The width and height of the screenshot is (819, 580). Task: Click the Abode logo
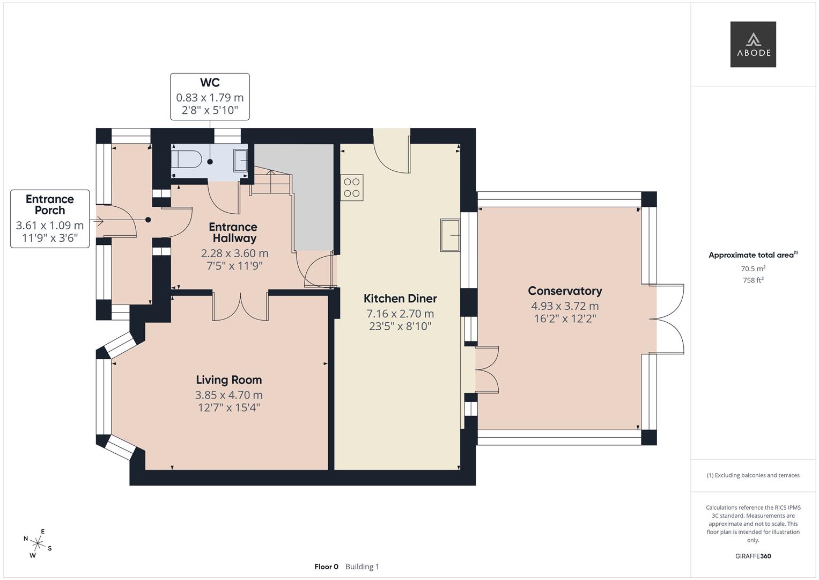pyautogui.click(x=752, y=45)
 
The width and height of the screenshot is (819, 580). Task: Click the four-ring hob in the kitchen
pyautogui.click(x=352, y=188)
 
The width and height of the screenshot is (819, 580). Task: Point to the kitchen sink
pyautogui.click(x=450, y=235)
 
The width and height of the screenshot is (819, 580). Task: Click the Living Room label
pyautogui.click(x=228, y=380)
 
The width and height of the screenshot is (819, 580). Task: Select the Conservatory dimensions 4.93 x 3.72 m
pyautogui.click(x=565, y=306)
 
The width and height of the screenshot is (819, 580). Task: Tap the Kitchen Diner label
pyautogui.click(x=400, y=299)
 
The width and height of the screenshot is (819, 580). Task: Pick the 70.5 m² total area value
pyautogui.click(x=752, y=269)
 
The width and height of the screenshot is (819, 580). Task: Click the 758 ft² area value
pyautogui.click(x=752, y=280)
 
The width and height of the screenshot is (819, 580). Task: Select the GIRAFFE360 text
pyautogui.click(x=752, y=556)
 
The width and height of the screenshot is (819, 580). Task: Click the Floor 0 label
pyautogui.click(x=326, y=567)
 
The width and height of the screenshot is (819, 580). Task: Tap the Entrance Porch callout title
pyautogui.click(x=50, y=205)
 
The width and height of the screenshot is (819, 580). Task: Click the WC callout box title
pyautogui.click(x=210, y=83)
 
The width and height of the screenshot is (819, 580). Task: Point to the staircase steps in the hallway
pyautogui.click(x=271, y=183)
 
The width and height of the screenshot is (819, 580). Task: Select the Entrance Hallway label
pyautogui.click(x=233, y=233)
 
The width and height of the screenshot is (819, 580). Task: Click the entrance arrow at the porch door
pyautogui.click(x=98, y=220)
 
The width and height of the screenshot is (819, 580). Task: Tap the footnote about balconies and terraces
pyautogui.click(x=752, y=475)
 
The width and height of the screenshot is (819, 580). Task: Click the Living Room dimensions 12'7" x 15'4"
pyautogui.click(x=228, y=408)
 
